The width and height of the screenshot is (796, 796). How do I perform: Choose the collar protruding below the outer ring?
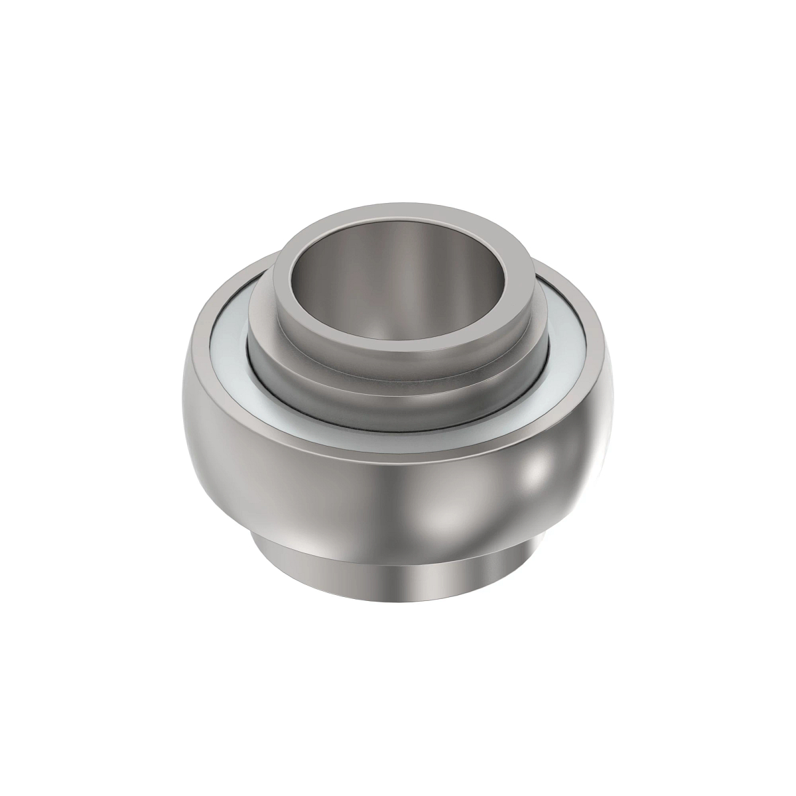point(398,574)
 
